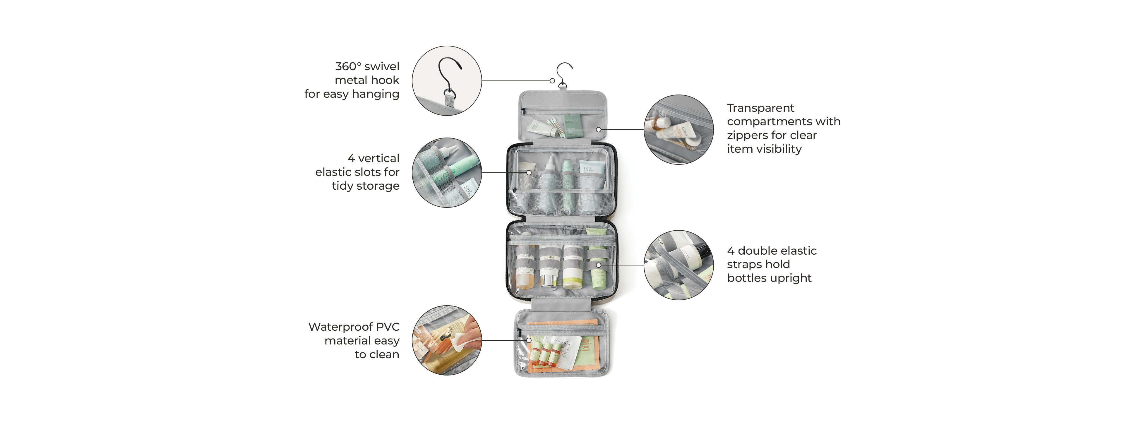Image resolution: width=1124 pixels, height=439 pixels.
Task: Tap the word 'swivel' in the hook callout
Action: pyautogui.click(x=382, y=66)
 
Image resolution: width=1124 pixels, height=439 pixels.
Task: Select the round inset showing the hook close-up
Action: pyautogui.click(x=447, y=81)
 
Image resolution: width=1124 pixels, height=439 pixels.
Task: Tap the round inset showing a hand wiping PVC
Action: pyautogui.click(x=447, y=340)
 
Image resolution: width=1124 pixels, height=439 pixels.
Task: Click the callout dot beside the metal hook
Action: pyautogui.click(x=552, y=81)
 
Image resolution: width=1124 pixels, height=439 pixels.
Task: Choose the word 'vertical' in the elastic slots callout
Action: pyautogui.click(x=378, y=158)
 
